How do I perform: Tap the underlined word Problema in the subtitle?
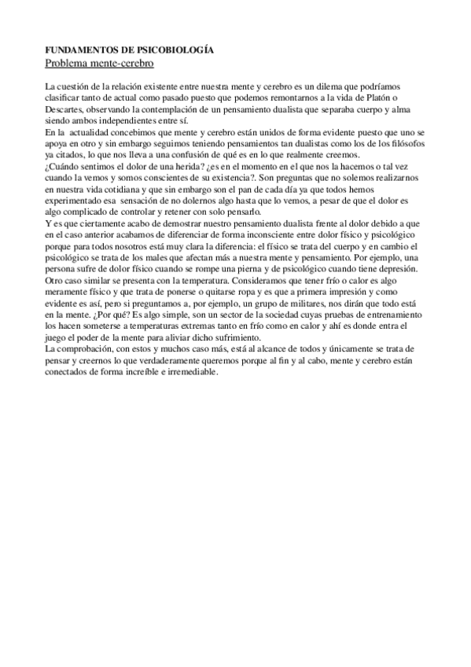click(x=68, y=61)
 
